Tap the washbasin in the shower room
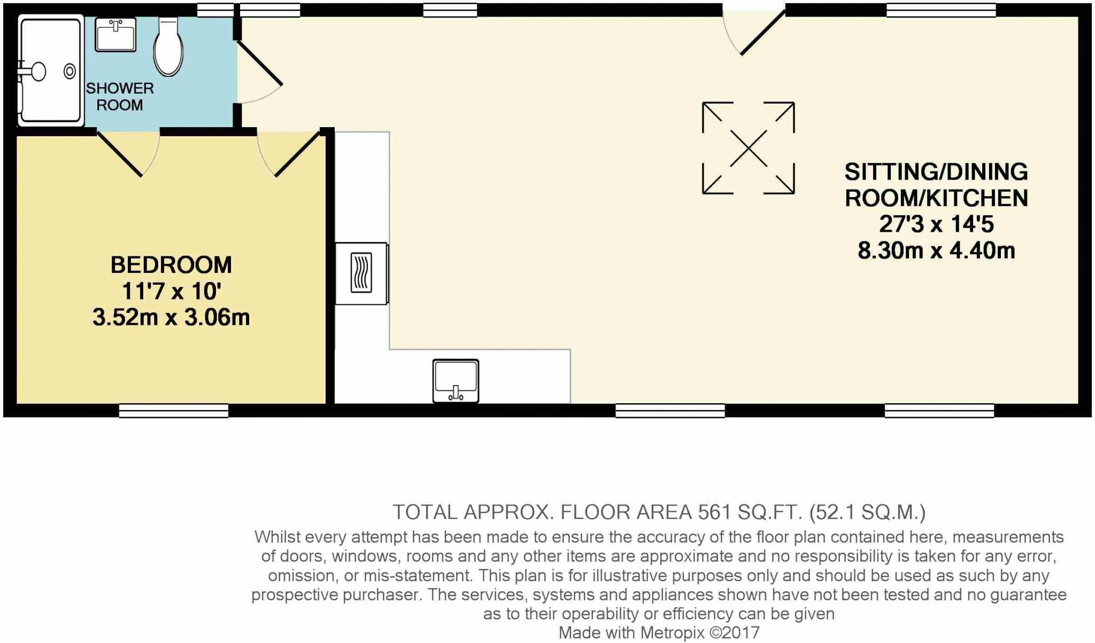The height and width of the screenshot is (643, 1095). (115, 34)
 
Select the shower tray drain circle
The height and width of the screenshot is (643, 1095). (70, 71)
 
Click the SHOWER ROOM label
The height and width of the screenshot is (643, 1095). (120, 97)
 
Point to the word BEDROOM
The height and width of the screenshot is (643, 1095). (171, 265)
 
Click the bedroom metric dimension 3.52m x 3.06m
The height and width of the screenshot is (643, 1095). (171, 317)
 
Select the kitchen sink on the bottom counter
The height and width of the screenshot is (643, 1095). (456, 381)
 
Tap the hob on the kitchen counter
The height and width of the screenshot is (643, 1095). (361, 273)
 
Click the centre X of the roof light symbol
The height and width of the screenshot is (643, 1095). (748, 148)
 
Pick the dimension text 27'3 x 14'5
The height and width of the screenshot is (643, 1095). (936, 224)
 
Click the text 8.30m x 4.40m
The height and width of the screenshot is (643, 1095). (936, 250)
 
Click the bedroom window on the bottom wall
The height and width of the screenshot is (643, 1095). (173, 410)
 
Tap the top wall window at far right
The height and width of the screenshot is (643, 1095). (941, 10)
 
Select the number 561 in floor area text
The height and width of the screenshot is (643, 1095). (715, 512)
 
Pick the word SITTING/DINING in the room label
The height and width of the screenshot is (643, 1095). (936, 172)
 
